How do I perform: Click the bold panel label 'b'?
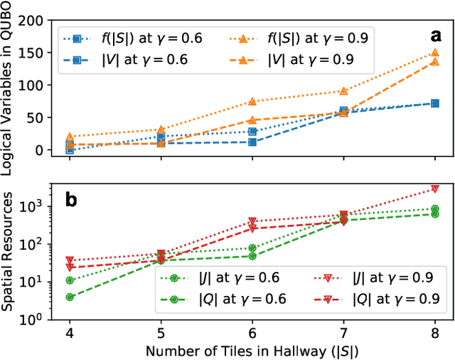(x=72, y=200)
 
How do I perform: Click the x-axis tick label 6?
(x=252, y=332)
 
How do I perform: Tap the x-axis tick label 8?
(x=435, y=332)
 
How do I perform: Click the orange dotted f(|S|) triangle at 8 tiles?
(x=435, y=53)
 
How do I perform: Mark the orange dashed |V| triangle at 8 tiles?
(x=435, y=63)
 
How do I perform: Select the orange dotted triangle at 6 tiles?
(x=252, y=102)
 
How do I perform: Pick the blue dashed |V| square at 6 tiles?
(x=252, y=142)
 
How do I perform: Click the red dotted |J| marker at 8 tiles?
(x=435, y=189)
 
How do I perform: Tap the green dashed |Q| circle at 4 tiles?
(x=70, y=297)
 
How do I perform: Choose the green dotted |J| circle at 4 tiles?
(x=70, y=280)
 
